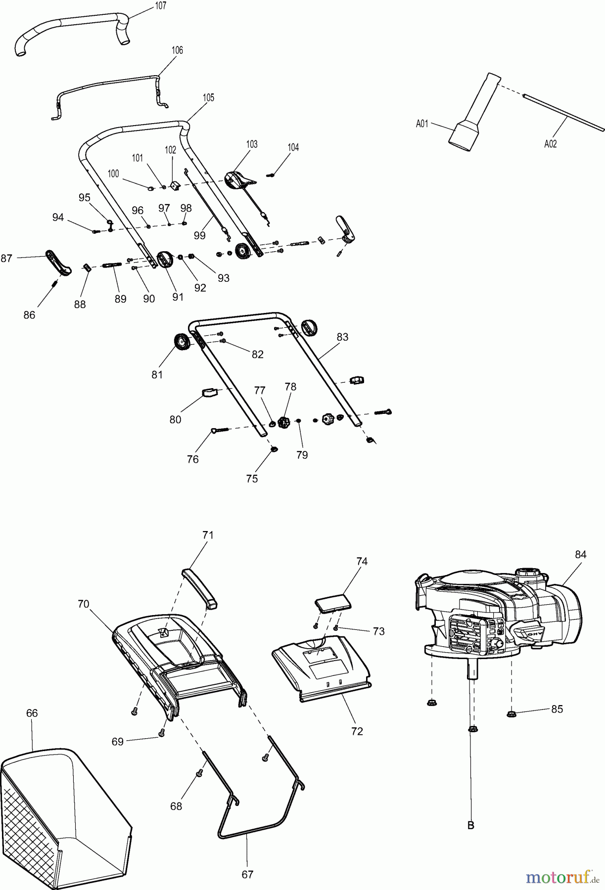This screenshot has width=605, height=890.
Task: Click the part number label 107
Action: point(160,6)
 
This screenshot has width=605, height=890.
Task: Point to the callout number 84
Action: point(580,554)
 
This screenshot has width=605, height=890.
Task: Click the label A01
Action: point(421,124)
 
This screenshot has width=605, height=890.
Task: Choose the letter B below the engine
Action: point(471,825)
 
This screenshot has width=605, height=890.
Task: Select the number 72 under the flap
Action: point(357,731)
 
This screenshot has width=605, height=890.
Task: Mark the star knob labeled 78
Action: point(283,423)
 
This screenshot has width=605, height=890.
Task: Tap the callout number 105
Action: point(208,97)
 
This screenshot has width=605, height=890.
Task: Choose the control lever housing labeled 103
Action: point(236,179)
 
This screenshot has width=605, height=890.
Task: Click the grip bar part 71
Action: point(200,588)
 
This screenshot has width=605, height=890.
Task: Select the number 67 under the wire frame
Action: point(247,875)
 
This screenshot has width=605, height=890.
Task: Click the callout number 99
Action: point(199,235)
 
